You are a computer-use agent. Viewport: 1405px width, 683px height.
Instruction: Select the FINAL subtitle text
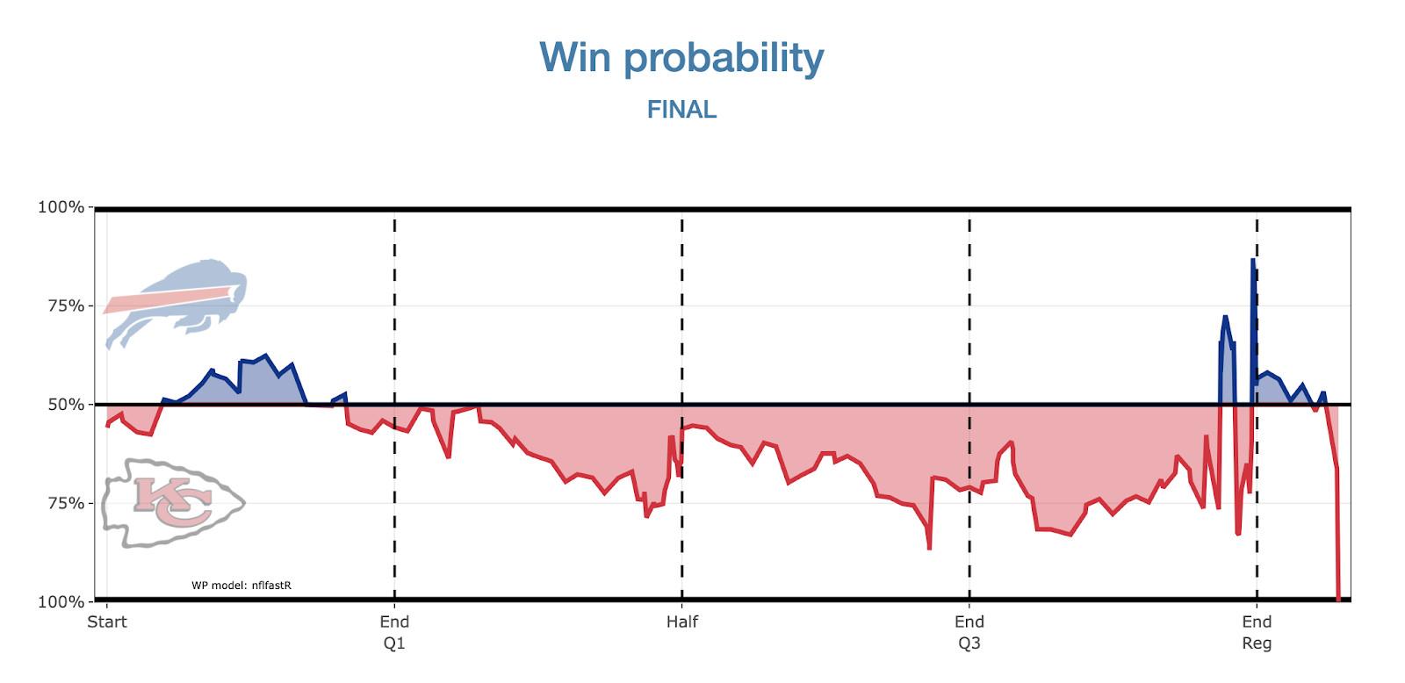click(x=681, y=110)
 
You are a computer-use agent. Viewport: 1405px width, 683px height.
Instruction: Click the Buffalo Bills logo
click(x=176, y=304)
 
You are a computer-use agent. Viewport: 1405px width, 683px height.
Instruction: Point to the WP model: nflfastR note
click(x=241, y=585)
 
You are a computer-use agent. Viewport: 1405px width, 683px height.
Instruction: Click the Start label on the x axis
click(x=107, y=622)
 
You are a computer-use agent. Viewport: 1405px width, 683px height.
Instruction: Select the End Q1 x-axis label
click(x=394, y=632)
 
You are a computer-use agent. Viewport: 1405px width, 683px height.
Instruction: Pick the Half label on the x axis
click(x=682, y=622)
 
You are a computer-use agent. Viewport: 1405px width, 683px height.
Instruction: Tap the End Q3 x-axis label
click(x=969, y=632)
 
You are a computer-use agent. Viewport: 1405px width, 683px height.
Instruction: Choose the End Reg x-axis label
click(x=1257, y=632)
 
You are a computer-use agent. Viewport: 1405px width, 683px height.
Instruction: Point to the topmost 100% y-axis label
click(x=61, y=208)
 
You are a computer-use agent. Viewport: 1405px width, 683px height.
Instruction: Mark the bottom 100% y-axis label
click(x=61, y=602)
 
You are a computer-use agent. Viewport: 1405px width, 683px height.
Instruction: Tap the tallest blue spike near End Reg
click(x=1253, y=261)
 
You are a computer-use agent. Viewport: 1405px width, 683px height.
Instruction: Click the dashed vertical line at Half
click(x=682, y=527)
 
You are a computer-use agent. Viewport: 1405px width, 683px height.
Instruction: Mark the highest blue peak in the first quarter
click(x=265, y=356)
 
